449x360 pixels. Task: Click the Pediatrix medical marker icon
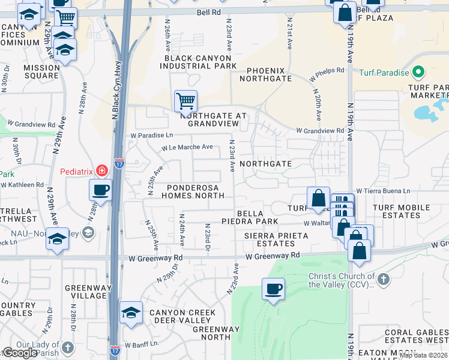click(x=101, y=171)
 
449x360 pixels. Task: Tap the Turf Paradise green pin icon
click(x=418, y=73)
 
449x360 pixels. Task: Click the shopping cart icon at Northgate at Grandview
click(x=185, y=101)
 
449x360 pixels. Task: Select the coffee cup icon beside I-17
click(x=100, y=190)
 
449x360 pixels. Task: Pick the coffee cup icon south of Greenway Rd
click(x=273, y=289)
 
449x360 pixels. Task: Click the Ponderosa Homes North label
click(x=192, y=191)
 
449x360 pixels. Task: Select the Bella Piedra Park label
click(x=258, y=217)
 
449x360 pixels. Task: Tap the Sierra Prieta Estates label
click(x=276, y=240)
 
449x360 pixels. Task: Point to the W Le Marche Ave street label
click(x=187, y=147)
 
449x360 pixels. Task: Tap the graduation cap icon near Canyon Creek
click(x=131, y=313)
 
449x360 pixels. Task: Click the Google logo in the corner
click(x=20, y=353)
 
